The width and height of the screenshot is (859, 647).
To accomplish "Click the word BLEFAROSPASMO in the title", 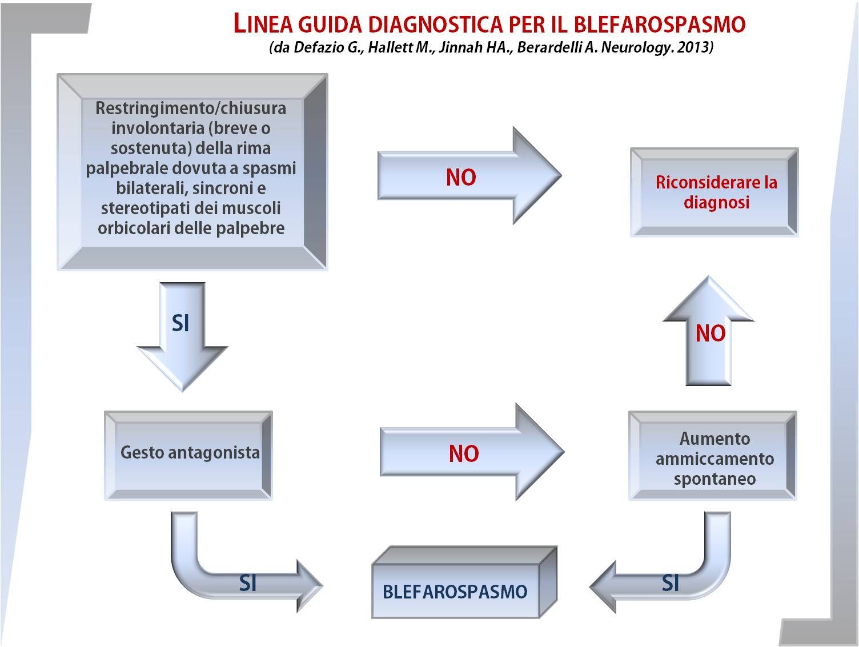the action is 660,24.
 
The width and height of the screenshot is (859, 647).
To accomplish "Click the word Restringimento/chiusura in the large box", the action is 191,108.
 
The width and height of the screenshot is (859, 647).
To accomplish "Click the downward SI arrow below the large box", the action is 182,337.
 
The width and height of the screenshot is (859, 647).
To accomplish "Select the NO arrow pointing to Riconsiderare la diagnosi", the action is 469,176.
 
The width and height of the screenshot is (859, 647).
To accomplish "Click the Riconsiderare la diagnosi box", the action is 714,192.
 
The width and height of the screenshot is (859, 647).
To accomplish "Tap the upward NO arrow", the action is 708,331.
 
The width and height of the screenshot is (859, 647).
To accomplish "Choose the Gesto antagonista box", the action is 188,455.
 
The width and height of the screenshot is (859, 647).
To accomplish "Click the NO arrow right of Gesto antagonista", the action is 472,452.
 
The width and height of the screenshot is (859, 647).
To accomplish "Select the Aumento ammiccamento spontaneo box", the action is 713,455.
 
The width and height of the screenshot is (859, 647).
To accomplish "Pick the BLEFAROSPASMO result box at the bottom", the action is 464,582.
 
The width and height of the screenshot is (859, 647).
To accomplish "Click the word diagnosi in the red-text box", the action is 717,203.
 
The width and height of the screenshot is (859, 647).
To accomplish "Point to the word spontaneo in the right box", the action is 715,479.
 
